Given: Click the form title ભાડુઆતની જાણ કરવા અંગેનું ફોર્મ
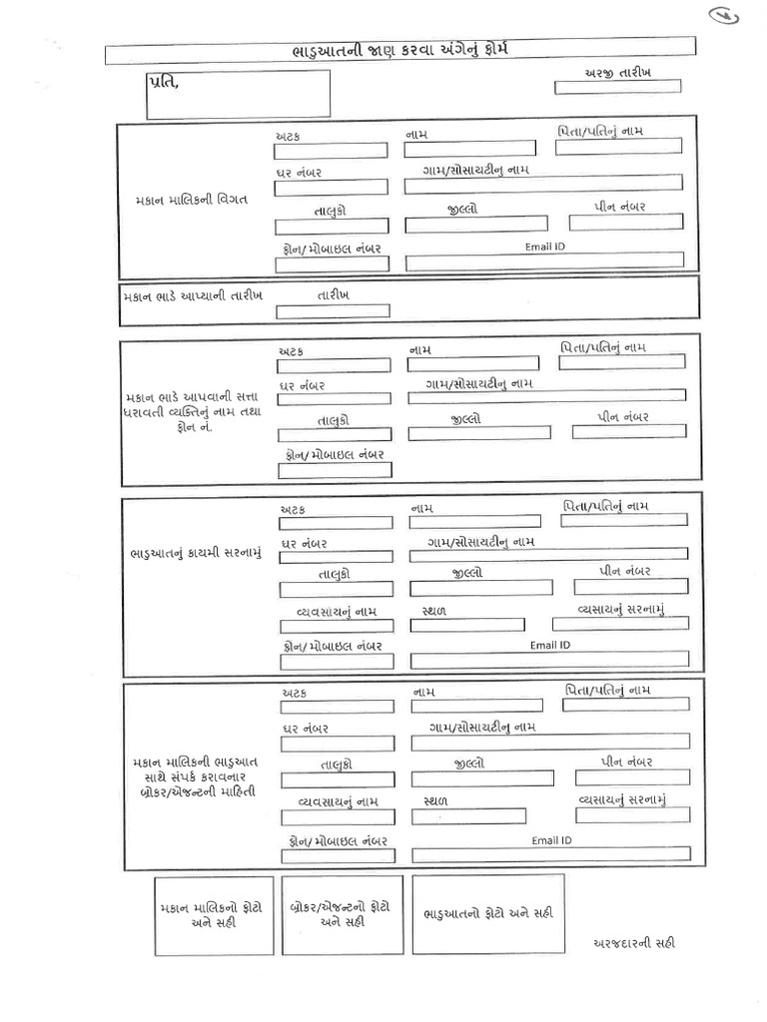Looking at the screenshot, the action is (398, 48).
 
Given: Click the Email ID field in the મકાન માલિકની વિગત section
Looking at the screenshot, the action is (544, 260).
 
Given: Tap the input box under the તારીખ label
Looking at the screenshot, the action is (333, 311).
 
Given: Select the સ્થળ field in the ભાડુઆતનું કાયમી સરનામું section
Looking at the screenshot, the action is (467, 625).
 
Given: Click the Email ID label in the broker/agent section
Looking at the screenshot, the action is (551, 840).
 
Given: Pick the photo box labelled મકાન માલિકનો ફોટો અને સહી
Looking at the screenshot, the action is (213, 915).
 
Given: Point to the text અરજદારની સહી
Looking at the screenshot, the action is (633, 943).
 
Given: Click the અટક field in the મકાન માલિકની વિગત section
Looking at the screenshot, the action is (331, 151).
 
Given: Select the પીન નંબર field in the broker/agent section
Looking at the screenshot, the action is (631, 777).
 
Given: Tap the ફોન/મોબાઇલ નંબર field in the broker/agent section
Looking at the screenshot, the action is (339, 854).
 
